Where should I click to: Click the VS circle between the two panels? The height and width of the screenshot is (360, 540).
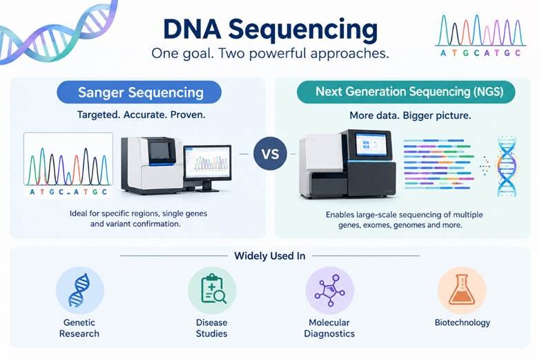click(270, 153)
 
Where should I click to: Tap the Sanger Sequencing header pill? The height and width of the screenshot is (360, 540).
click(139, 93)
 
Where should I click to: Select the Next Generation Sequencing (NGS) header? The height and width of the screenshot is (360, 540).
click(406, 92)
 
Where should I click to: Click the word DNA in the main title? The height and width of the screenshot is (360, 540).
click(192, 29)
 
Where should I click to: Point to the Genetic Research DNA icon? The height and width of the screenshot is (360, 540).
click(80, 290)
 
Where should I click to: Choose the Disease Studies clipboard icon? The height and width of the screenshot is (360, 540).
click(212, 290)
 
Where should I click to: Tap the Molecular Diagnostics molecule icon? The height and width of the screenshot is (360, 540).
click(330, 290)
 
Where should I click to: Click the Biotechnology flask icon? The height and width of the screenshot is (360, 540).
click(462, 290)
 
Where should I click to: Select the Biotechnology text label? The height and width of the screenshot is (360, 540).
click(462, 323)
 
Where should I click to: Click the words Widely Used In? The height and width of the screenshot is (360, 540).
click(270, 256)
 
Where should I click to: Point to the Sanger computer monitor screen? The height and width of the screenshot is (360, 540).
click(207, 162)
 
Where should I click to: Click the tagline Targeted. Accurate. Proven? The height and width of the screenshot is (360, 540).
click(141, 115)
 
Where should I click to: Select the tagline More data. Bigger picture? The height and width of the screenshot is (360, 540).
click(410, 115)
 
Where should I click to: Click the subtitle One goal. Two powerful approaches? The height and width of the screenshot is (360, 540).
click(270, 53)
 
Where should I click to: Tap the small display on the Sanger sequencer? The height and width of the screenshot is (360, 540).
click(159, 151)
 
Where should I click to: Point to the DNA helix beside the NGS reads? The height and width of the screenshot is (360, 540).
click(507, 167)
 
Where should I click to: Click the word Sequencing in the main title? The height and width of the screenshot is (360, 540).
click(303, 30)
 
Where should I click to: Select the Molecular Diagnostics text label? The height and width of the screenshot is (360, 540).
click(329, 328)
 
